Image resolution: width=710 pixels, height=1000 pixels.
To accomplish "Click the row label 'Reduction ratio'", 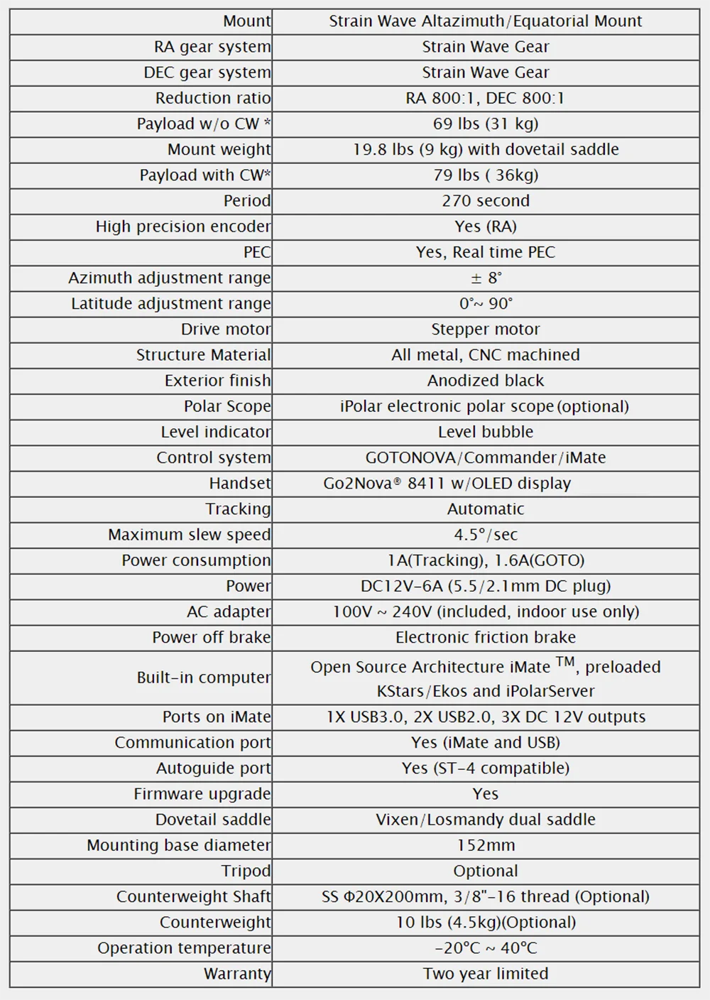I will [212, 98].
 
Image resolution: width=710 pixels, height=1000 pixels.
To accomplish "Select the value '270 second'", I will [486, 201].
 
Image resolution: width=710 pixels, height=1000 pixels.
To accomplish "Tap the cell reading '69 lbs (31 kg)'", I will [486, 124].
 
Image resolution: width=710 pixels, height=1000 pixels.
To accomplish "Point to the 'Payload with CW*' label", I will [204, 175].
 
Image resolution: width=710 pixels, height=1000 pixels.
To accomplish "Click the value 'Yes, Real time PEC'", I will [486, 252].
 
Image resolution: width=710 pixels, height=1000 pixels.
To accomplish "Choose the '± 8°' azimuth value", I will [486, 278].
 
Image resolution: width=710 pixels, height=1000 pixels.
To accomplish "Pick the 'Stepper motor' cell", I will [486, 330].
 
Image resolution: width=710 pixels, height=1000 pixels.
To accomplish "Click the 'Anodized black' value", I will [486, 381].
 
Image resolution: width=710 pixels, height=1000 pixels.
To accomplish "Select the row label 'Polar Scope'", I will [227, 406].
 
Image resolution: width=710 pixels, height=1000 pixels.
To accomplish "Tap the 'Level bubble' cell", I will [486, 432].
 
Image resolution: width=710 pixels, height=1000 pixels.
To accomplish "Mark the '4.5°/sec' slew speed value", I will [486, 535].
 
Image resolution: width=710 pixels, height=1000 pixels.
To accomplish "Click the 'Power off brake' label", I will [211, 637].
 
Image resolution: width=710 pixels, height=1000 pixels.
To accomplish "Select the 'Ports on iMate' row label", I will [216, 717].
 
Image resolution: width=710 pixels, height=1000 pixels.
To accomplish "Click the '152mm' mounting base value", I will [486, 845].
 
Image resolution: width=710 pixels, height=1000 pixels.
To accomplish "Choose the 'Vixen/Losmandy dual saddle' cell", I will [486, 820].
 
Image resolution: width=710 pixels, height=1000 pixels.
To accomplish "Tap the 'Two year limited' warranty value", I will [486, 974].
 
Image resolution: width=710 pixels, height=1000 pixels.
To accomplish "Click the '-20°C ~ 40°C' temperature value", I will [486, 948].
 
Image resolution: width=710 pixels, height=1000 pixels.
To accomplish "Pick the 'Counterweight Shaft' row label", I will [193, 896].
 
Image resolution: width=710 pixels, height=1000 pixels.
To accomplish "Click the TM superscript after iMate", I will [565, 662].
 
